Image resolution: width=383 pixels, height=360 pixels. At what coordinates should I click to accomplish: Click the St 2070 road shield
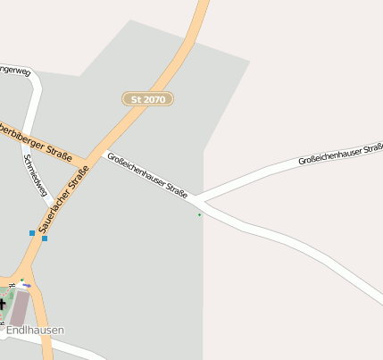pyautogui.click(x=147, y=99)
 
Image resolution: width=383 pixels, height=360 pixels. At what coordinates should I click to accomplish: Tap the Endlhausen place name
pyautogui.click(x=35, y=331)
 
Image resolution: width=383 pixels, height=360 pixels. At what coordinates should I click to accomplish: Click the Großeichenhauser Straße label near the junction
pyautogui.click(x=146, y=175)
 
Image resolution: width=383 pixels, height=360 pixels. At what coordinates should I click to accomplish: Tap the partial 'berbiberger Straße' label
pyautogui.click(x=35, y=139)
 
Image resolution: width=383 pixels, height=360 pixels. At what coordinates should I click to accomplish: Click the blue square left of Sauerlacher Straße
pyautogui.click(x=32, y=233)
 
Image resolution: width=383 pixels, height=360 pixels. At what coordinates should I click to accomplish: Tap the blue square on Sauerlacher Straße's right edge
pyautogui.click(x=45, y=238)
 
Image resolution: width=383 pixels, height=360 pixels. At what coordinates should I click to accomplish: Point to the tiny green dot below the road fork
pyautogui.click(x=199, y=214)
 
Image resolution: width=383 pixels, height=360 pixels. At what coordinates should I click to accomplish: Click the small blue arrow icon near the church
pyautogui.click(x=27, y=285)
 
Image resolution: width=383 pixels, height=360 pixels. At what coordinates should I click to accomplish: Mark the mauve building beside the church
pyautogui.click(x=19, y=308)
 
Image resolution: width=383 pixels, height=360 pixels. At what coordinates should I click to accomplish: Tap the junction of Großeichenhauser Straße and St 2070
pyautogui.click(x=105, y=153)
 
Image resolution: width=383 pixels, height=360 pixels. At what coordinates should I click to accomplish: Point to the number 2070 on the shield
pyautogui.click(x=154, y=99)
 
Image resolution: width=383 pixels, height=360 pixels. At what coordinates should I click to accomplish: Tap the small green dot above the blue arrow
pyautogui.click(x=22, y=280)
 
